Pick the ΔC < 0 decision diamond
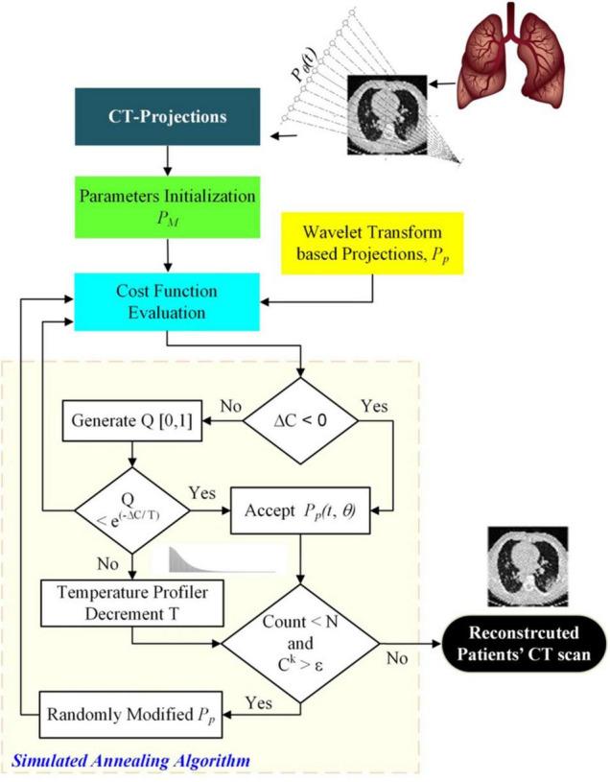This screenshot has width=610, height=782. pyautogui.click(x=301, y=419)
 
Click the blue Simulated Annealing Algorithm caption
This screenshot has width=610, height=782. pyautogui.click(x=129, y=760)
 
